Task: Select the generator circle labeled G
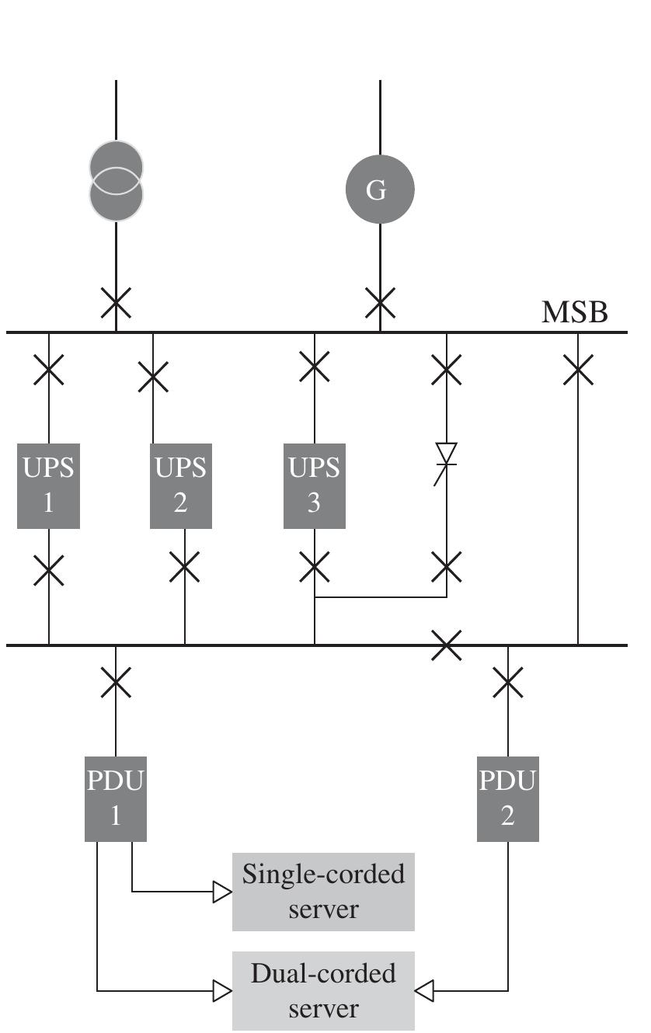coord(380,190)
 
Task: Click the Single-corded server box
coord(323,892)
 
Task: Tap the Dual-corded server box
coord(323,990)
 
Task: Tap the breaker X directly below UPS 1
coord(49,569)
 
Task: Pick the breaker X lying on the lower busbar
coord(447,645)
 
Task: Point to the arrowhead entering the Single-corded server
coord(223,892)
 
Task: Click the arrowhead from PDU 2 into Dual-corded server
coord(424,990)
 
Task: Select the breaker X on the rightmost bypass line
coord(578,370)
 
